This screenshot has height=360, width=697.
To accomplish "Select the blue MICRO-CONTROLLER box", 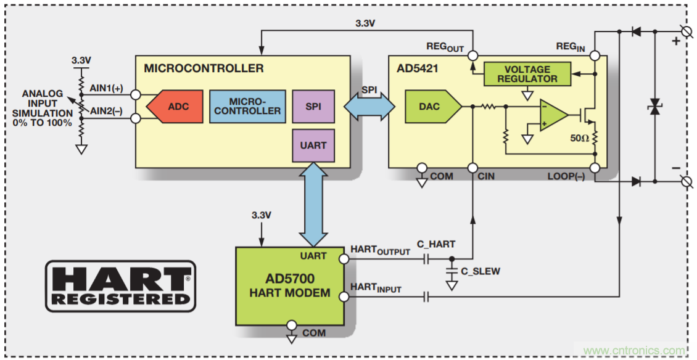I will [247, 106].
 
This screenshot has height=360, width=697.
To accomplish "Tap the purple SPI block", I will [313, 106].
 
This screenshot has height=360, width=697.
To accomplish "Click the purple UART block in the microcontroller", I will [313, 145].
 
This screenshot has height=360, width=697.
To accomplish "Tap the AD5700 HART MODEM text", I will [289, 285].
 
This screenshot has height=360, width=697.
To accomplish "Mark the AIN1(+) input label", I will [106, 88].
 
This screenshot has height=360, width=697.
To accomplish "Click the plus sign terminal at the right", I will [675, 41].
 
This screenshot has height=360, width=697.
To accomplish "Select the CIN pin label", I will [484, 177].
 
